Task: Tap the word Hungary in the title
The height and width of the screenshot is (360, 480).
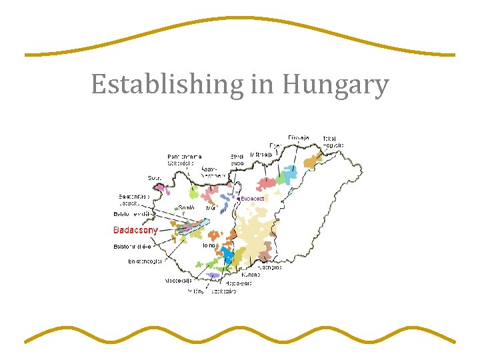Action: pyautogui.click(x=335, y=85)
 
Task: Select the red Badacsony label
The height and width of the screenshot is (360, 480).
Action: pyautogui.click(x=136, y=231)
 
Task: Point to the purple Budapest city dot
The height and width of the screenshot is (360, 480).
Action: pyautogui.click(x=238, y=199)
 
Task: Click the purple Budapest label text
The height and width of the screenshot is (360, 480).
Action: pyautogui.click(x=253, y=199)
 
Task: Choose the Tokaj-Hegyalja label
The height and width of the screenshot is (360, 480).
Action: pyautogui.click(x=333, y=141)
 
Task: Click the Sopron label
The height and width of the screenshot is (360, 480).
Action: pyautogui.click(x=155, y=178)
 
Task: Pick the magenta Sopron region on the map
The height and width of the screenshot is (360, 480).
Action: pyautogui.click(x=161, y=188)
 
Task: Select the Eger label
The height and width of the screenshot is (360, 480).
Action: pyautogui.click(x=275, y=145)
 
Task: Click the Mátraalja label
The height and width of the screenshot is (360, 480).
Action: pyautogui.click(x=261, y=155)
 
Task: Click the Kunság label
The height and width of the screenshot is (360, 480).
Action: pyautogui.click(x=251, y=274)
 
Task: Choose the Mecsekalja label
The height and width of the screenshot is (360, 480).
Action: pyautogui.click(x=179, y=281)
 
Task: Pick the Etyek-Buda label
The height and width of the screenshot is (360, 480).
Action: pyautogui.click(x=237, y=159)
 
